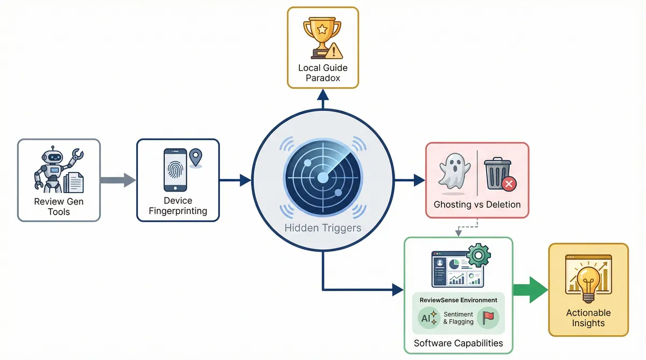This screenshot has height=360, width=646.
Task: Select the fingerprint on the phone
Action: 175,171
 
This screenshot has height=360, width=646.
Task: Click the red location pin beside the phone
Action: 196,158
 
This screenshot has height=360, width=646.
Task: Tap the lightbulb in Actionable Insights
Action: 588,280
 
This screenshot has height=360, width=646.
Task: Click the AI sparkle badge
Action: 429,317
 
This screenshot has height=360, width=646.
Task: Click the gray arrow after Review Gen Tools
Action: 119,180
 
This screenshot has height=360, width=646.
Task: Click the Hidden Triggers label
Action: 323,228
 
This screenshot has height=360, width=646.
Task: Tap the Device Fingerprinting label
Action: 178,206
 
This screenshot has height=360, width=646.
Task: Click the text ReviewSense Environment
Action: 458,299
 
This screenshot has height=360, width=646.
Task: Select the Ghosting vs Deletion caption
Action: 477,204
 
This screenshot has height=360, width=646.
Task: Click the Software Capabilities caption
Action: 458,343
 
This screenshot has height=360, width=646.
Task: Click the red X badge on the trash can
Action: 509,185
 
